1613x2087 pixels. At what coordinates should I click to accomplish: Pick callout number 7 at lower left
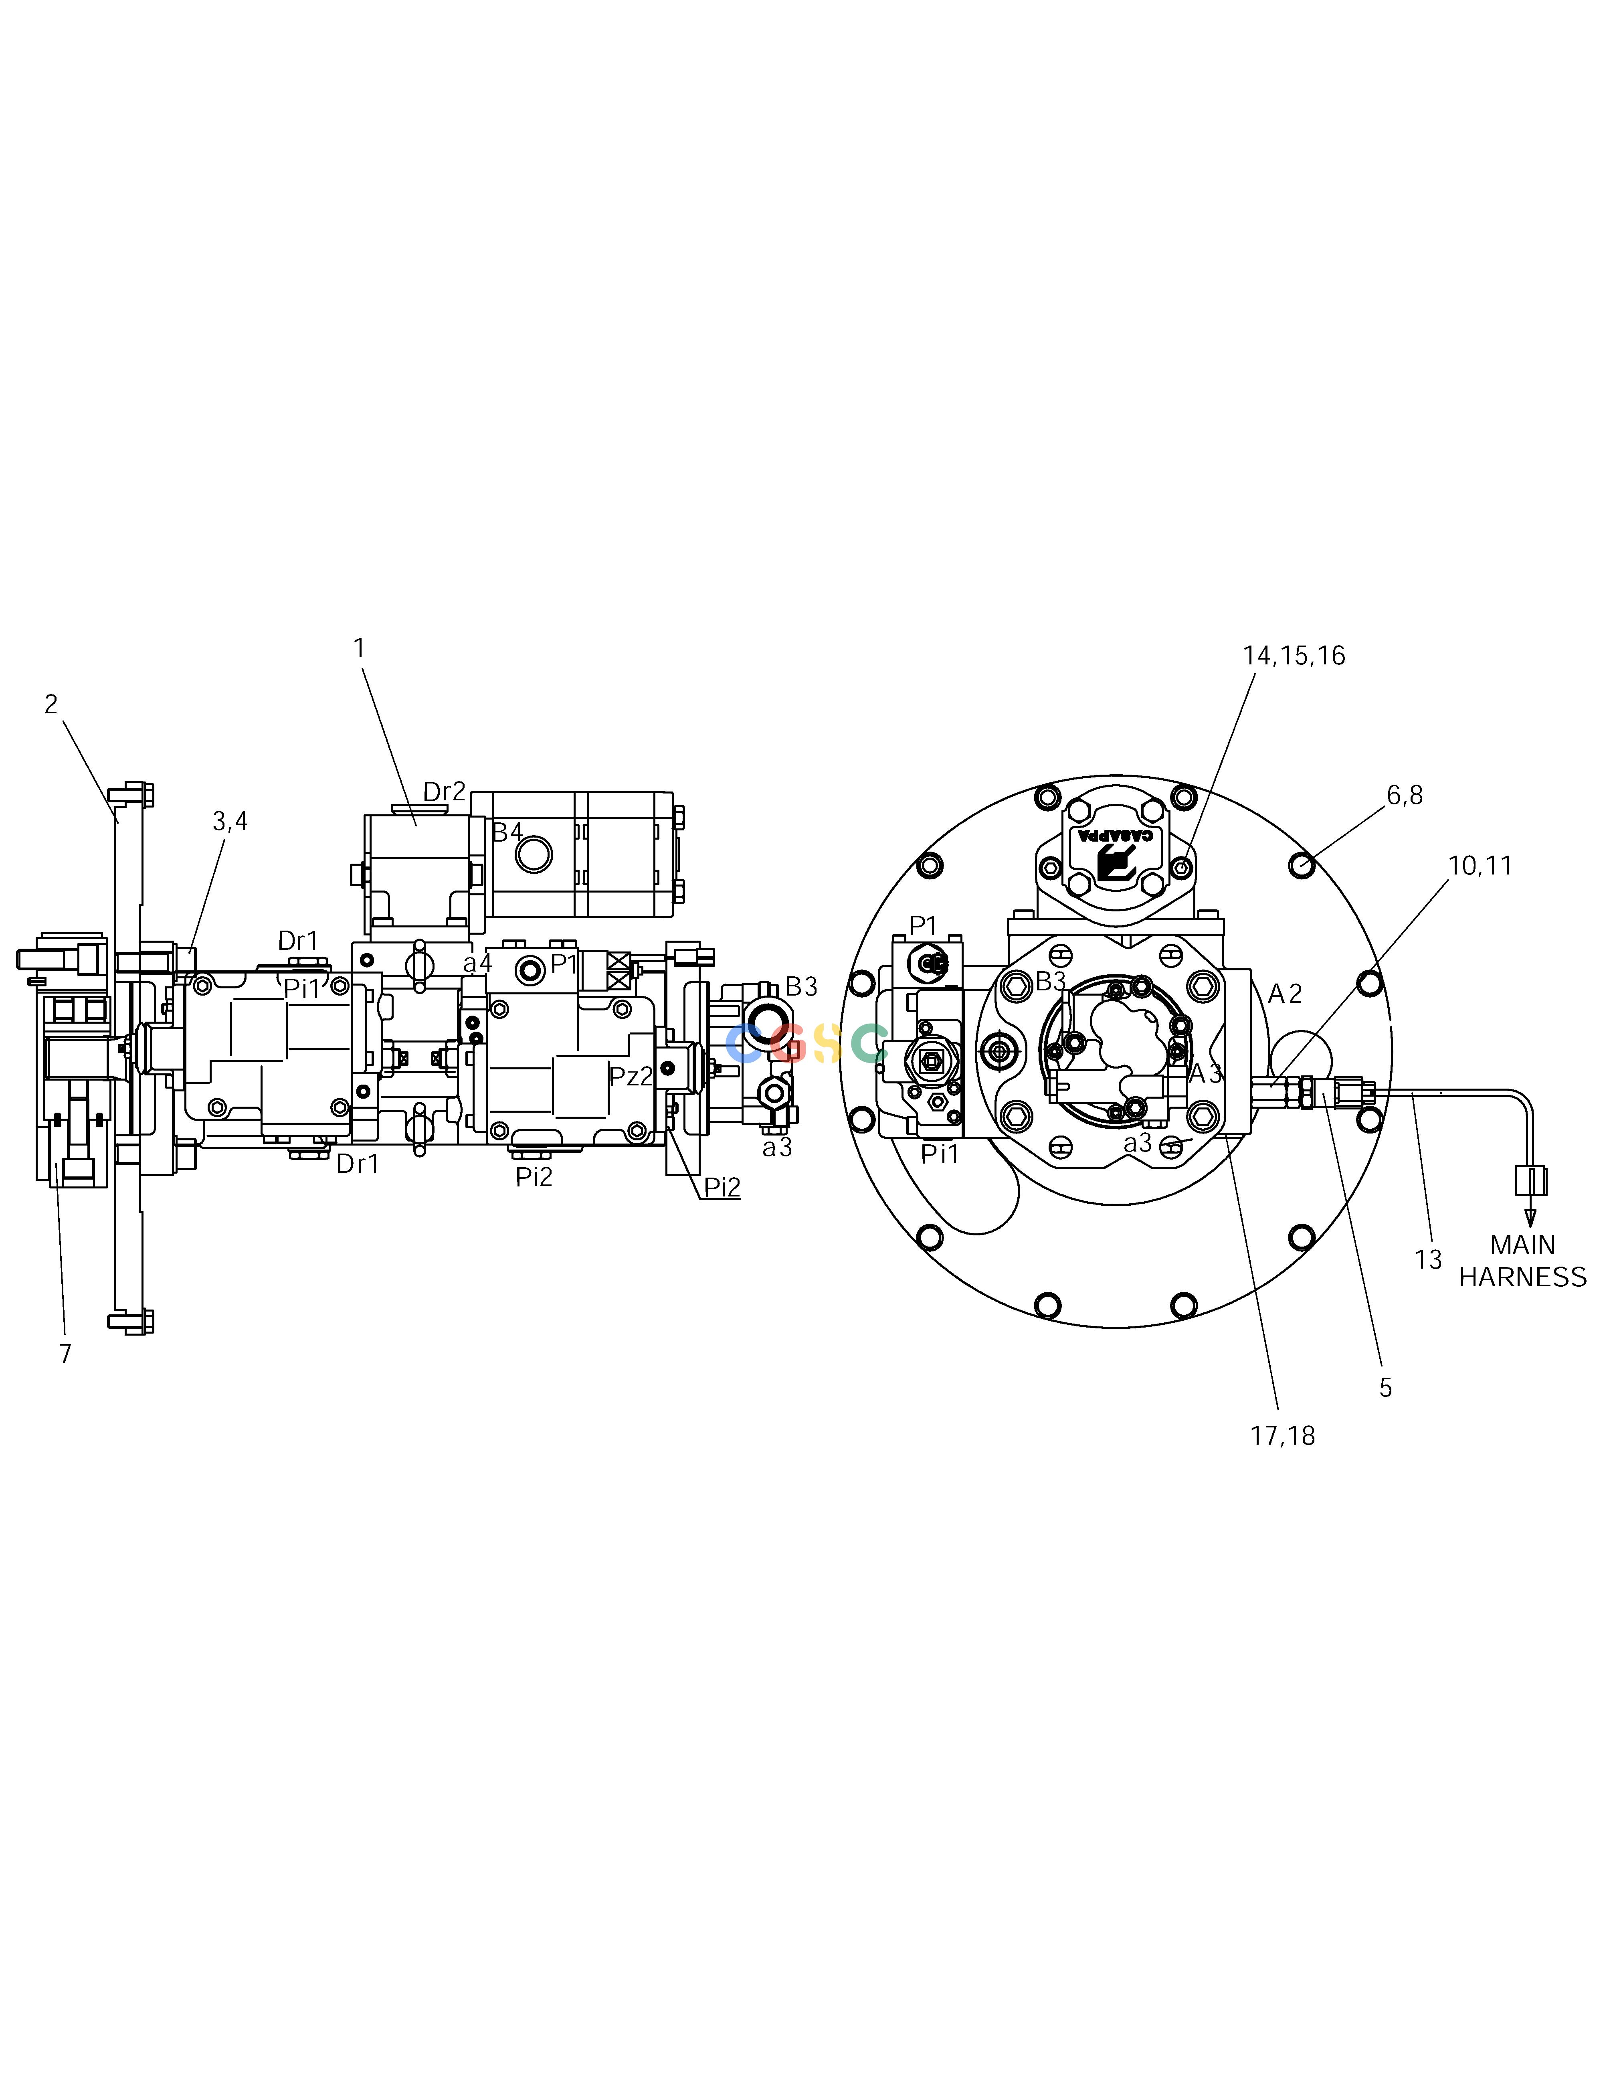pos(65,1354)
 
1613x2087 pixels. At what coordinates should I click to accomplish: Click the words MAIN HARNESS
pos(1522,1261)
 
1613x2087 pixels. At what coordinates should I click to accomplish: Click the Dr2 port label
pos(445,791)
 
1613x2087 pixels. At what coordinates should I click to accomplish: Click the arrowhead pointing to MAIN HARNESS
pos(1530,1219)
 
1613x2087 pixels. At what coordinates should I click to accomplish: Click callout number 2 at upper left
pos(51,704)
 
